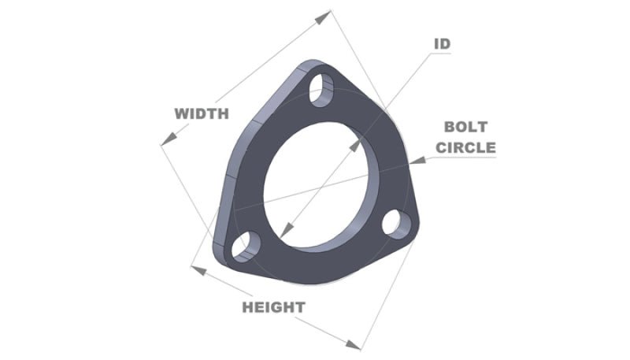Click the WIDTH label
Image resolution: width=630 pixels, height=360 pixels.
tap(201, 113)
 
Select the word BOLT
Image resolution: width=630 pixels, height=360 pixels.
tap(465, 127)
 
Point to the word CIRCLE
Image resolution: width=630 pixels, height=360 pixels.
tap(465, 147)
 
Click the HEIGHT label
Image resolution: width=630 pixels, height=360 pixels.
tap(272, 306)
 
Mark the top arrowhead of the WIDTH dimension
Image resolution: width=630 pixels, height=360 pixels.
tap(324, 16)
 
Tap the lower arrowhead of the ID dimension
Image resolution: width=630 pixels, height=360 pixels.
tap(286, 232)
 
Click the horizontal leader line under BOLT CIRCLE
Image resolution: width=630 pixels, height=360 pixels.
tap(465, 158)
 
